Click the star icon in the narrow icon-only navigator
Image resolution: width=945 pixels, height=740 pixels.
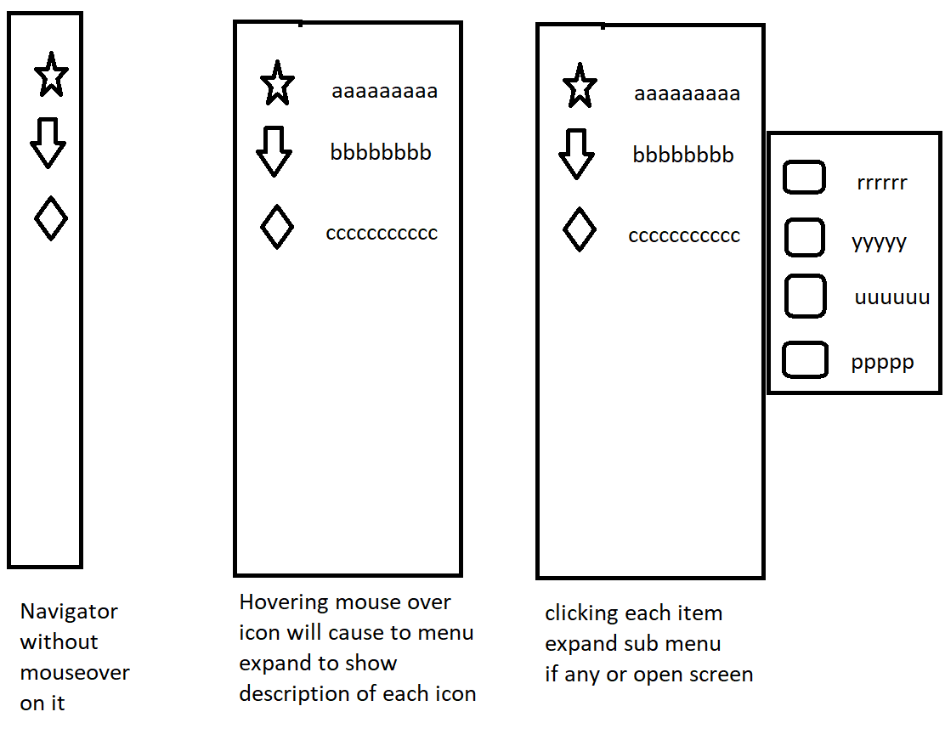click(x=51, y=76)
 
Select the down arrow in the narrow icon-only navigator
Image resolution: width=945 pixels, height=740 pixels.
click(x=48, y=143)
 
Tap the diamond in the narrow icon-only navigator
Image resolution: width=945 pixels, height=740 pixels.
click(x=51, y=218)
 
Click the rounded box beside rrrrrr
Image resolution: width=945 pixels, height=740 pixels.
click(x=803, y=178)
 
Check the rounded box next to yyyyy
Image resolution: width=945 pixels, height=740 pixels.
click(x=804, y=237)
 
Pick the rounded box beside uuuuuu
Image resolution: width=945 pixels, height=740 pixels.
click(x=805, y=297)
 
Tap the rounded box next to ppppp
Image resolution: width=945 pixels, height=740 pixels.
click(x=804, y=359)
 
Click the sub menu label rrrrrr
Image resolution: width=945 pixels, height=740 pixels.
click(x=882, y=183)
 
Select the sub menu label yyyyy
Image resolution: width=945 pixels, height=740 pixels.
click(x=879, y=243)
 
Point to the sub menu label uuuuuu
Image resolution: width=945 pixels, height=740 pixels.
click(x=891, y=298)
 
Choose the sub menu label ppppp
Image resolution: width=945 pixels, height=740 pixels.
click(x=882, y=363)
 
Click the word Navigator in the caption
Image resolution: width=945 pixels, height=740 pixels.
click(x=69, y=612)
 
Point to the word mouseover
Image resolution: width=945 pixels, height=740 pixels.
click(x=75, y=673)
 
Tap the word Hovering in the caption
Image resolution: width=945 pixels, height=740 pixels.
click(x=286, y=602)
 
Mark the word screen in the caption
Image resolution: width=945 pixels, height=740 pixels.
click(x=721, y=675)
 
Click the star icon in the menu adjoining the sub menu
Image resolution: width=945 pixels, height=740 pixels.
click(x=580, y=86)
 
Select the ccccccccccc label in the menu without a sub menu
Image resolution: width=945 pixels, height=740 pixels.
click(x=382, y=234)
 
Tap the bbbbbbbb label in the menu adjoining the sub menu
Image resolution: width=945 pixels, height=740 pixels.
click(x=683, y=155)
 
